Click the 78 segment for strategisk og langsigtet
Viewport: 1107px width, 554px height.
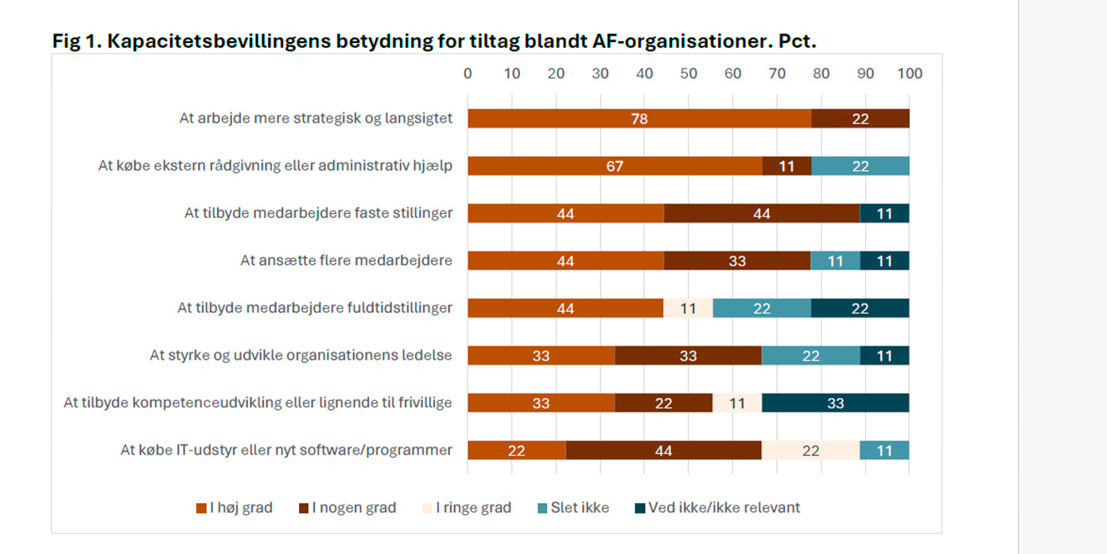point(639,119)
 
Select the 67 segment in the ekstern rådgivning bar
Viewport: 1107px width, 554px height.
point(614,166)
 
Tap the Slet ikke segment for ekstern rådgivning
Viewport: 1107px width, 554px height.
point(860,166)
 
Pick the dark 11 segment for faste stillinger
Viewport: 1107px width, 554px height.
point(884,213)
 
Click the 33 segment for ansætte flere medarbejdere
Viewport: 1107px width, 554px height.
point(736,260)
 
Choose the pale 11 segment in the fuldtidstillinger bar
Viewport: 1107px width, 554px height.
point(688,308)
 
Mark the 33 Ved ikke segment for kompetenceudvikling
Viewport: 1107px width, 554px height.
point(835,403)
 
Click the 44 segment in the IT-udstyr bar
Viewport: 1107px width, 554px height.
point(663,451)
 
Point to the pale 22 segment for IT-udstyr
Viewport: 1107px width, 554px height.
point(810,451)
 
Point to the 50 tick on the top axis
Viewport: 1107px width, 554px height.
point(689,74)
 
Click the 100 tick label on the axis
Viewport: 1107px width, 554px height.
point(909,74)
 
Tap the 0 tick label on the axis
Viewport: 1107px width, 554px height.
point(468,74)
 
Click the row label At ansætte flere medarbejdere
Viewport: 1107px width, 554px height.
point(346,260)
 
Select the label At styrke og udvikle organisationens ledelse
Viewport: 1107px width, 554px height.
point(301,355)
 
